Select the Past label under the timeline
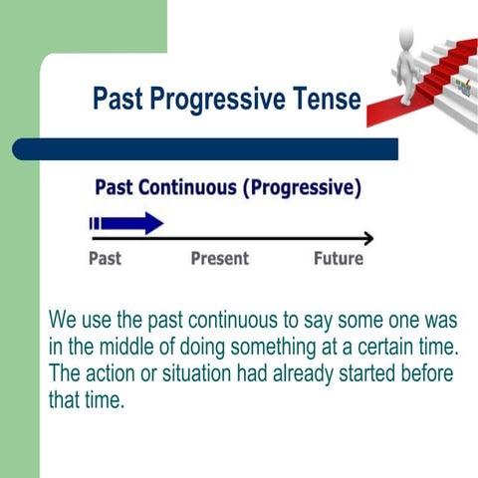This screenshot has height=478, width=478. click(x=106, y=259)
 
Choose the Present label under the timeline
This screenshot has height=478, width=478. click(x=220, y=259)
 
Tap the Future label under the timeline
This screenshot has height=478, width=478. click(x=339, y=259)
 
